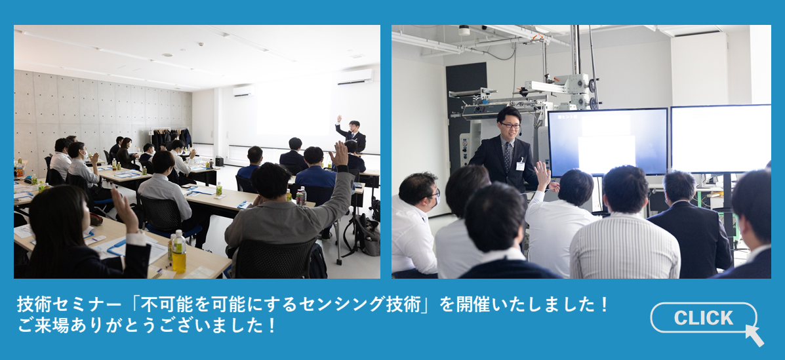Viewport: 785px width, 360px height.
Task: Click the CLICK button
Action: coord(704,317)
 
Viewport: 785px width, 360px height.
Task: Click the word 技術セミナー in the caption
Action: coord(69,304)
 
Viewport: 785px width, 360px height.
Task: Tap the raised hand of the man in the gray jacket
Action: coord(340,153)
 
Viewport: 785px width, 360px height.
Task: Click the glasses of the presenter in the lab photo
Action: coord(511,125)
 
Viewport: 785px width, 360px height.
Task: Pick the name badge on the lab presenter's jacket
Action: coord(520,165)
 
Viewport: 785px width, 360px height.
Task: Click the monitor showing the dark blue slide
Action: coord(608,142)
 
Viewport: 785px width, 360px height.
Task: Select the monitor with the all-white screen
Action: coord(721,139)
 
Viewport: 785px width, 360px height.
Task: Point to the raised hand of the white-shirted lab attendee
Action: coord(542,175)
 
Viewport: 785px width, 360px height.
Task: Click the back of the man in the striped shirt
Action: coord(625,246)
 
